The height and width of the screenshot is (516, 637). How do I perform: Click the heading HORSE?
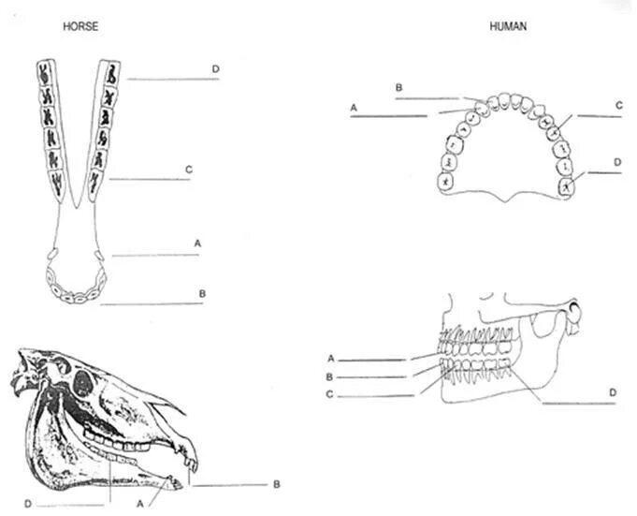point(80,26)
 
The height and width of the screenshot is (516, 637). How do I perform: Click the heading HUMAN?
point(508,26)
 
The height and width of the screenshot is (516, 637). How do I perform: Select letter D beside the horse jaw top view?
point(215,69)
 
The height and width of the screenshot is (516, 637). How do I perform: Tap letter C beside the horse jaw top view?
point(189,170)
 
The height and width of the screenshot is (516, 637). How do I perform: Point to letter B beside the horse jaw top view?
point(202,293)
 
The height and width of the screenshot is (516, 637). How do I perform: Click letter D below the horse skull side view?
point(28,504)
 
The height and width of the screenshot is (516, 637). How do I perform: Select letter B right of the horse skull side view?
point(277,484)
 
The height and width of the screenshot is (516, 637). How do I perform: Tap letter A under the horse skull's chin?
point(141,502)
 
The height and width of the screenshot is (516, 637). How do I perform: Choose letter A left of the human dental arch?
point(355,108)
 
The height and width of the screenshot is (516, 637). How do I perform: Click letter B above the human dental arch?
point(398,87)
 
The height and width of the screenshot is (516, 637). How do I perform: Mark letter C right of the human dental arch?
point(618,106)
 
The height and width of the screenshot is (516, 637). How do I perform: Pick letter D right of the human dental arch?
point(617,162)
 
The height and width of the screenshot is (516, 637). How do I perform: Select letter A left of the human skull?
point(331,358)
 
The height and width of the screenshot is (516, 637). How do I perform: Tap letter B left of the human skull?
point(331,376)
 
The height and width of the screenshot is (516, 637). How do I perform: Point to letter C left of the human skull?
point(331,394)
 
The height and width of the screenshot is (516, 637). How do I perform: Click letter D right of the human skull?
point(612,391)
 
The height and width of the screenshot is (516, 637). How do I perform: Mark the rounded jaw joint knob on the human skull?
point(575,310)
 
